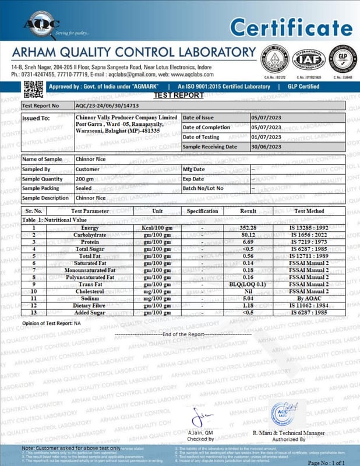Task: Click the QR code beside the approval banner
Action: [x=33, y=89]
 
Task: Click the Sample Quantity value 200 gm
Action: [x=85, y=179]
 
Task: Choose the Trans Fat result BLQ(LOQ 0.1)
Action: [x=248, y=284]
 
